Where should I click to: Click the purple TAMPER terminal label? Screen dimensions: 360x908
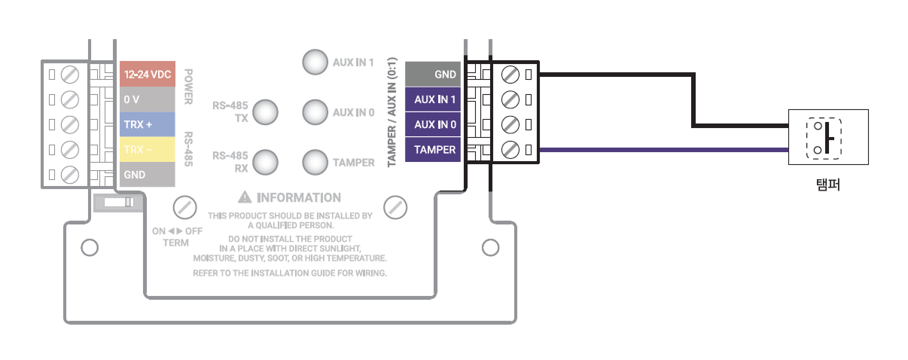434,150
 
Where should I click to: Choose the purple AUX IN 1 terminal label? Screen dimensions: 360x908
434,99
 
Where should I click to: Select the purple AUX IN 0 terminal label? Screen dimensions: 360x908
434,124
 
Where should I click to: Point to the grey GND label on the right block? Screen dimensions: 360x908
434,75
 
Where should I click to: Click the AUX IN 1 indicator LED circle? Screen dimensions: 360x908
315,63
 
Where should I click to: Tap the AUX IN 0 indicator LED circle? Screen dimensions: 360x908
315,112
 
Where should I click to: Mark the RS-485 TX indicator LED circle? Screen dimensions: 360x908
265,112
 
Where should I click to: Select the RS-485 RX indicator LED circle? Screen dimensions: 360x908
265,162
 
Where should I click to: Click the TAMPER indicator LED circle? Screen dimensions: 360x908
315,162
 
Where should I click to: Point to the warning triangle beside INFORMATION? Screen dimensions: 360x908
245,197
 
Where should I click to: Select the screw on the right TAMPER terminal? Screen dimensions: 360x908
509,150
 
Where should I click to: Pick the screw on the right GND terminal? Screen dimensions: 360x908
509,75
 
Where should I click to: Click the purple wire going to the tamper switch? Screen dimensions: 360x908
663,150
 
